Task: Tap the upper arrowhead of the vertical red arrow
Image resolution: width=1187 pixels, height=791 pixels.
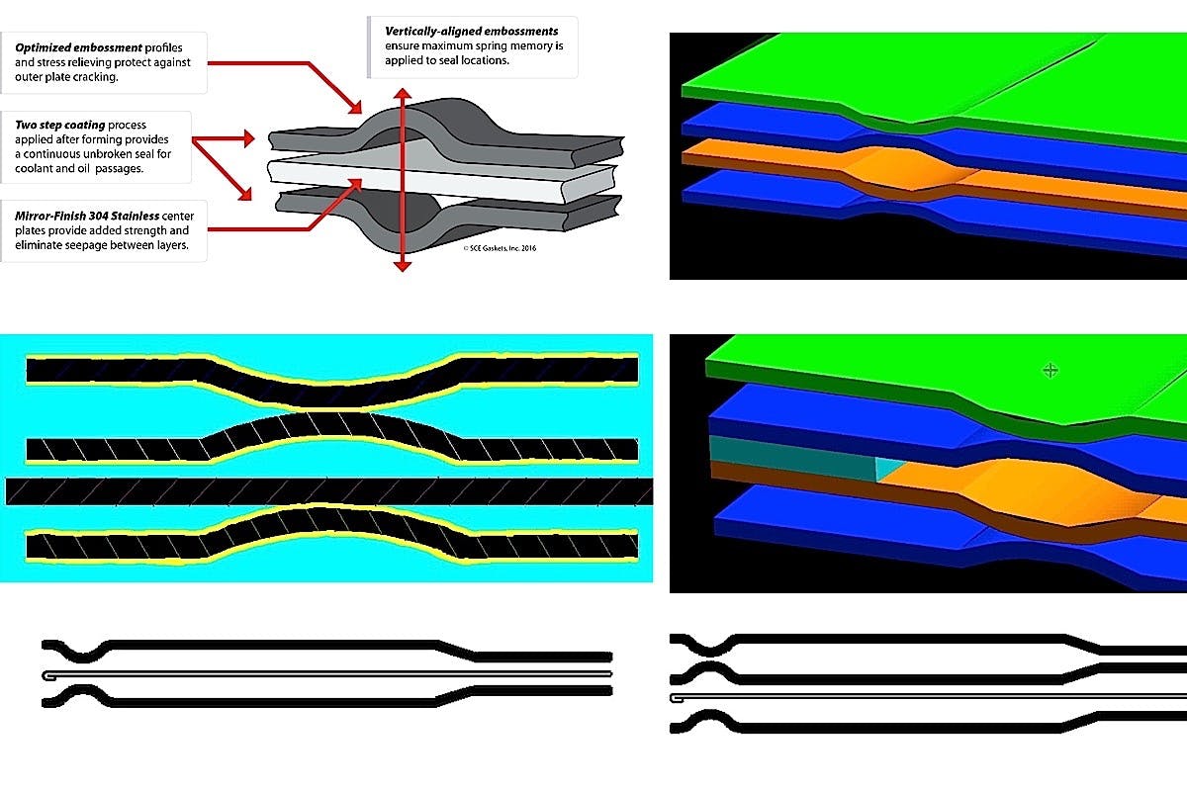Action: coord(402,93)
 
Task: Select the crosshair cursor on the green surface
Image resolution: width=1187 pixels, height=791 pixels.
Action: coord(1050,370)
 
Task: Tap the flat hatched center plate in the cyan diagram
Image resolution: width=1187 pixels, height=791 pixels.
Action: coord(326,491)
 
